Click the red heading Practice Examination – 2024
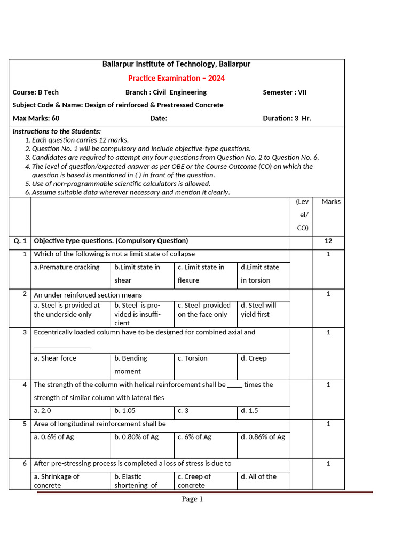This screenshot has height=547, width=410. coord(176,79)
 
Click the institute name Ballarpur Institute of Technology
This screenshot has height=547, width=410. coord(176,64)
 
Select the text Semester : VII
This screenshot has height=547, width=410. coord(285,92)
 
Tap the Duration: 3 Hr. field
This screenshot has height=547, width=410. coord(287,118)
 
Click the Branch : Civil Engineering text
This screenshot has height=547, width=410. coord(166,92)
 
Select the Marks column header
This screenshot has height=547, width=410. coord(330,202)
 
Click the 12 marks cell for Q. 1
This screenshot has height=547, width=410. coord(328,241)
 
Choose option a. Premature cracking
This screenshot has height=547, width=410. coord(67,267)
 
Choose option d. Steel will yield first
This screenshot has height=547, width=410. coord(258,310)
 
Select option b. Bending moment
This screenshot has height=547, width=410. coord(130,364)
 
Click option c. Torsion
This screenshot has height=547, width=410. coord(193,358)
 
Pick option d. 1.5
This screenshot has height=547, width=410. coord(249,411)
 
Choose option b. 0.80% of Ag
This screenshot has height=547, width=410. coord(136,437)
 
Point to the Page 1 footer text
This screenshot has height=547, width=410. coord(192,499)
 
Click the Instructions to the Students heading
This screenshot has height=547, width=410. coord(57,131)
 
